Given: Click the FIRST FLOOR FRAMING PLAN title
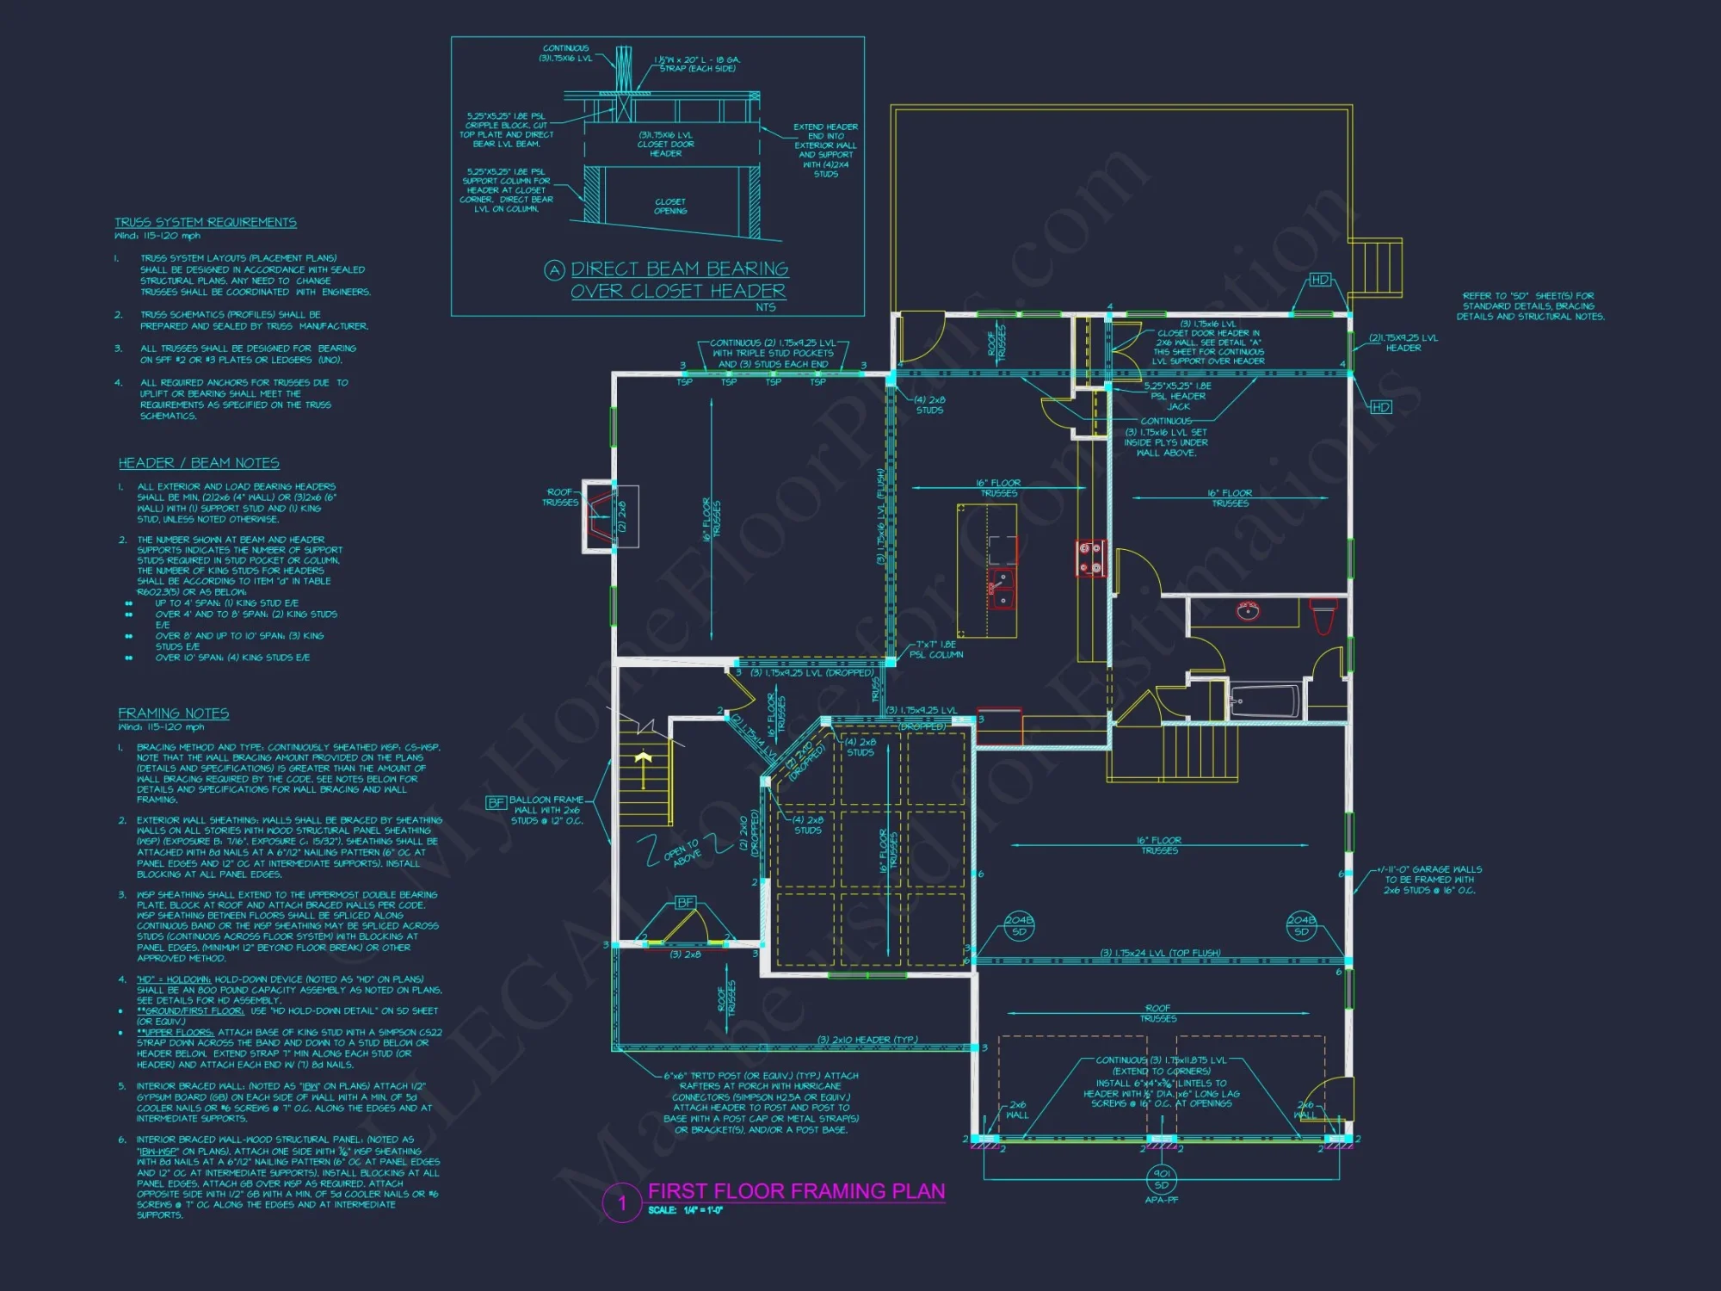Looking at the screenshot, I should tap(796, 1191).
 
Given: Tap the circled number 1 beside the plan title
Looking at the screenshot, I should tap(622, 1202).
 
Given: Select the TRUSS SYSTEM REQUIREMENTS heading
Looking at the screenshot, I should tap(206, 222).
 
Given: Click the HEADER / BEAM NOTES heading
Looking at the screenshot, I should tap(199, 463).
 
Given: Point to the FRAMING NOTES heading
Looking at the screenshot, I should tap(174, 713).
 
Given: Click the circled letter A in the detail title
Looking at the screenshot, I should tap(554, 270).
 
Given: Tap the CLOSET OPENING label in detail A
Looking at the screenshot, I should tap(670, 207).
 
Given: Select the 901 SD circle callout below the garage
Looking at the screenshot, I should tap(1162, 1179).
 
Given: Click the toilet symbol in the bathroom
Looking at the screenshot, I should tap(1323, 615).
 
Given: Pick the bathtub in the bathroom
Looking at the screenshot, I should tap(1264, 701).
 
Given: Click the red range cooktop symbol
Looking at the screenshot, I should tap(1091, 557).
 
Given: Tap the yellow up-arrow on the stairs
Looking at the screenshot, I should tap(643, 760).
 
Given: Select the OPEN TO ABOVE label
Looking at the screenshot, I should tap(682, 852).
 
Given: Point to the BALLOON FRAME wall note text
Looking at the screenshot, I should tap(546, 810).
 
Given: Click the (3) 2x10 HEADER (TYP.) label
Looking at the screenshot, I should tap(867, 1040).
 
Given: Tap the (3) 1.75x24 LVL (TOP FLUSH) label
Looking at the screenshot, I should tap(1160, 953).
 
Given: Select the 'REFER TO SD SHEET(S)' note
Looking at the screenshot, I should tap(1529, 306).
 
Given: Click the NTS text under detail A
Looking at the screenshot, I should tap(765, 307).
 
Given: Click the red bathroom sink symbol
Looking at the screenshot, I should tap(1248, 611).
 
